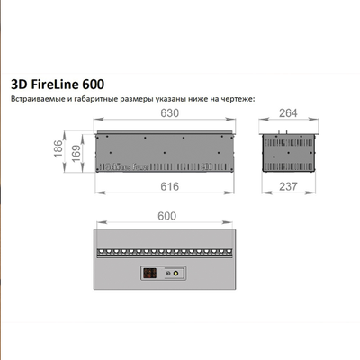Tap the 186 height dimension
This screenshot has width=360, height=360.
tap(58, 149)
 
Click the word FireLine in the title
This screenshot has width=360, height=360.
tap(63, 78)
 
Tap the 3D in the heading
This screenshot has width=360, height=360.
tap(19, 78)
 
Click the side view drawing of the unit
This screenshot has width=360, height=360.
tap(290, 151)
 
